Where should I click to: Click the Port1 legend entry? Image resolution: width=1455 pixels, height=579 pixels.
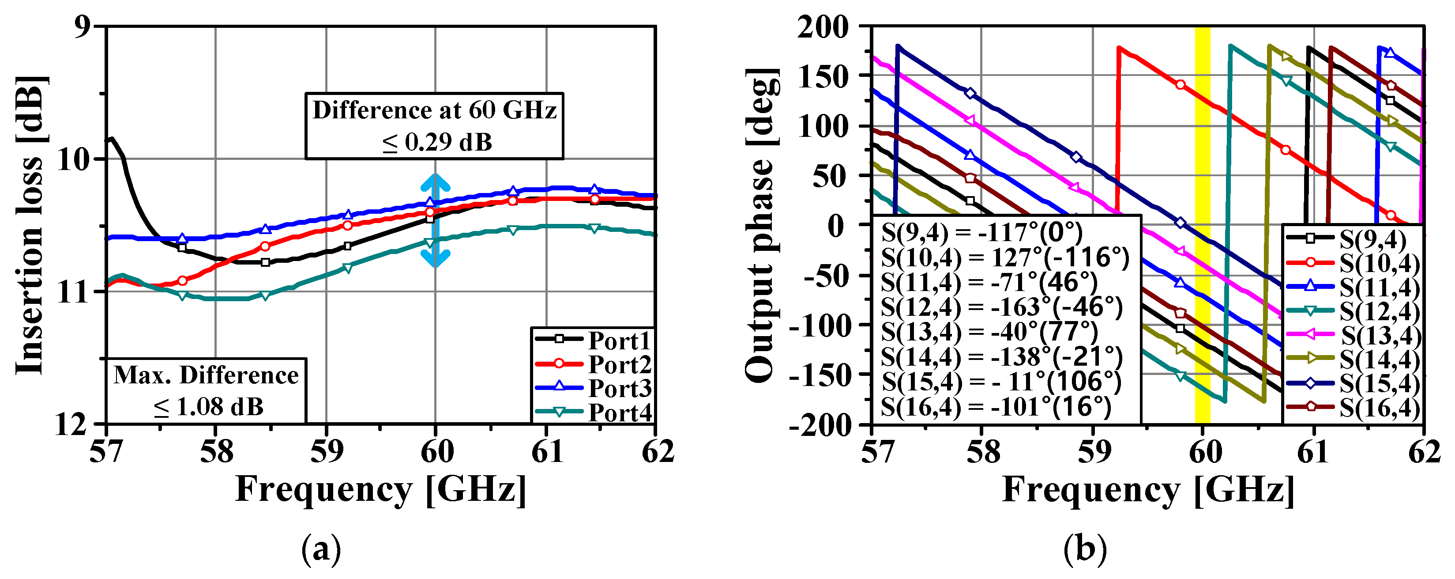point(593,341)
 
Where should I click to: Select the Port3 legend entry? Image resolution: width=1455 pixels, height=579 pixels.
point(593,389)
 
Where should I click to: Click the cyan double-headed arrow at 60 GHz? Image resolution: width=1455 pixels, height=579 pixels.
point(436,220)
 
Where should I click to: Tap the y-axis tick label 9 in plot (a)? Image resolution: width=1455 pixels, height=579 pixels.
point(82,27)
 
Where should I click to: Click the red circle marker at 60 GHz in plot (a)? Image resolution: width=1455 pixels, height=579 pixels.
point(430,212)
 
